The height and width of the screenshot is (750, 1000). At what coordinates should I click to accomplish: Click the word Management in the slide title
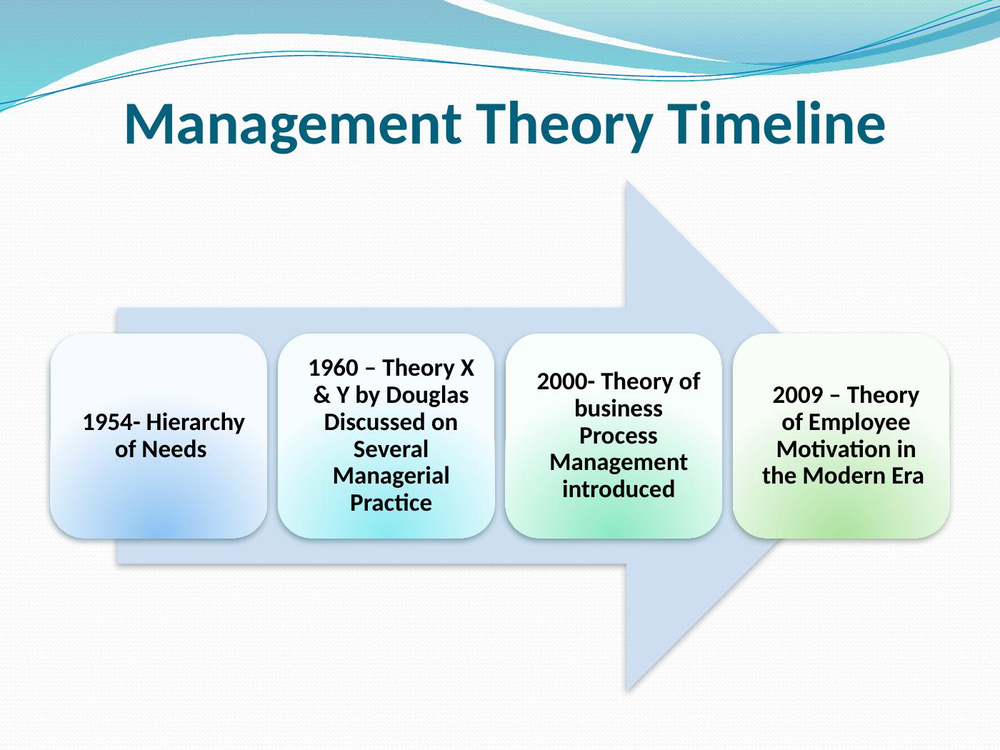[x=292, y=125]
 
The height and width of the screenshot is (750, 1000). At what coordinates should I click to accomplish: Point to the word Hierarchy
[x=196, y=423]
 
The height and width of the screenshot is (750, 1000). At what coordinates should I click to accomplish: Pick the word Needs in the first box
[x=174, y=449]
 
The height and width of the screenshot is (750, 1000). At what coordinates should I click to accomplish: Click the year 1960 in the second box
[x=334, y=368]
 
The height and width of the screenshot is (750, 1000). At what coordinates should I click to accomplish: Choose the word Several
[x=391, y=449]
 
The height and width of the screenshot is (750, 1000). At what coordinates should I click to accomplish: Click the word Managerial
[x=391, y=476]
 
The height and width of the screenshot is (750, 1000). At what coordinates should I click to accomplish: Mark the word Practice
[x=391, y=503]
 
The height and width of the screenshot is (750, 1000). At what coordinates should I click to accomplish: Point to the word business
[x=619, y=409]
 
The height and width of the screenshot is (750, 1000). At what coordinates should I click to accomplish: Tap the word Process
[x=619, y=436]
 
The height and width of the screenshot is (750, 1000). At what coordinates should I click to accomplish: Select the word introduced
[x=619, y=489]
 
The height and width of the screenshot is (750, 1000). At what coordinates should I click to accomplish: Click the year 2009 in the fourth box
[x=798, y=395]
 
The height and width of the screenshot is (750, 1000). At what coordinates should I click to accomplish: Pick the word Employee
[x=859, y=423]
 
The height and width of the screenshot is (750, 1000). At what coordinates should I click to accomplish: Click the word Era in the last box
[x=906, y=476]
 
